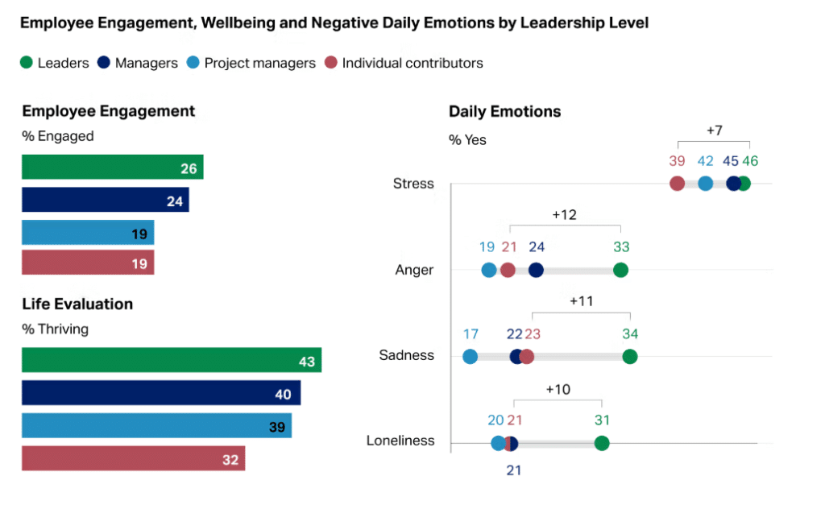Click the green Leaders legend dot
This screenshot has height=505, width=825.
tap(27, 63)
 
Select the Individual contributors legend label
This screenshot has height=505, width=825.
tap(412, 63)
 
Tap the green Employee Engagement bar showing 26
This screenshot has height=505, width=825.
tap(112, 168)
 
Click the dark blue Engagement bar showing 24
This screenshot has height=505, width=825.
tap(105, 200)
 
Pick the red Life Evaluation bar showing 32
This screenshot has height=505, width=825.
tap(133, 458)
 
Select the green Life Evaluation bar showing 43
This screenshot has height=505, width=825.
tap(171, 360)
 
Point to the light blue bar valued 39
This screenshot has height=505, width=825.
tap(156, 425)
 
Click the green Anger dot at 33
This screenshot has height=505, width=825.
tap(620, 270)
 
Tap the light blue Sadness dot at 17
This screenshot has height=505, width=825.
tap(470, 356)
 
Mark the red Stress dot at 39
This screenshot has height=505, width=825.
tap(677, 184)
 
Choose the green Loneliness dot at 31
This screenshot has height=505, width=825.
tap(601, 443)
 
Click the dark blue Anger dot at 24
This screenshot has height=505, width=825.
tap(536, 270)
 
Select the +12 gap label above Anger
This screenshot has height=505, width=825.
tap(564, 215)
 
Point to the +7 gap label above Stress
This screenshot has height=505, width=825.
tap(714, 130)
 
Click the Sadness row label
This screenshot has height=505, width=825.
tap(406, 355)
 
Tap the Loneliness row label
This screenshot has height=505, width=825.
tap(400, 441)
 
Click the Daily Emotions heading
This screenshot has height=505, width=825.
tap(504, 111)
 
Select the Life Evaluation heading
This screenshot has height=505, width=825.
tap(77, 304)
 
